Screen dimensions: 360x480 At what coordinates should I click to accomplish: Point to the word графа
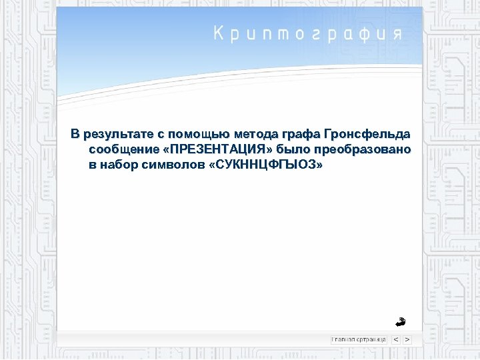pyautogui.click(x=297, y=135)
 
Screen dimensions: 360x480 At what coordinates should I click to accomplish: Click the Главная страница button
pyautogui.click(x=359, y=339)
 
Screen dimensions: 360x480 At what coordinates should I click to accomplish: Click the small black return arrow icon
pyautogui.click(x=399, y=321)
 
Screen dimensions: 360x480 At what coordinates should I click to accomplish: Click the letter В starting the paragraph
pyautogui.click(x=75, y=135)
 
